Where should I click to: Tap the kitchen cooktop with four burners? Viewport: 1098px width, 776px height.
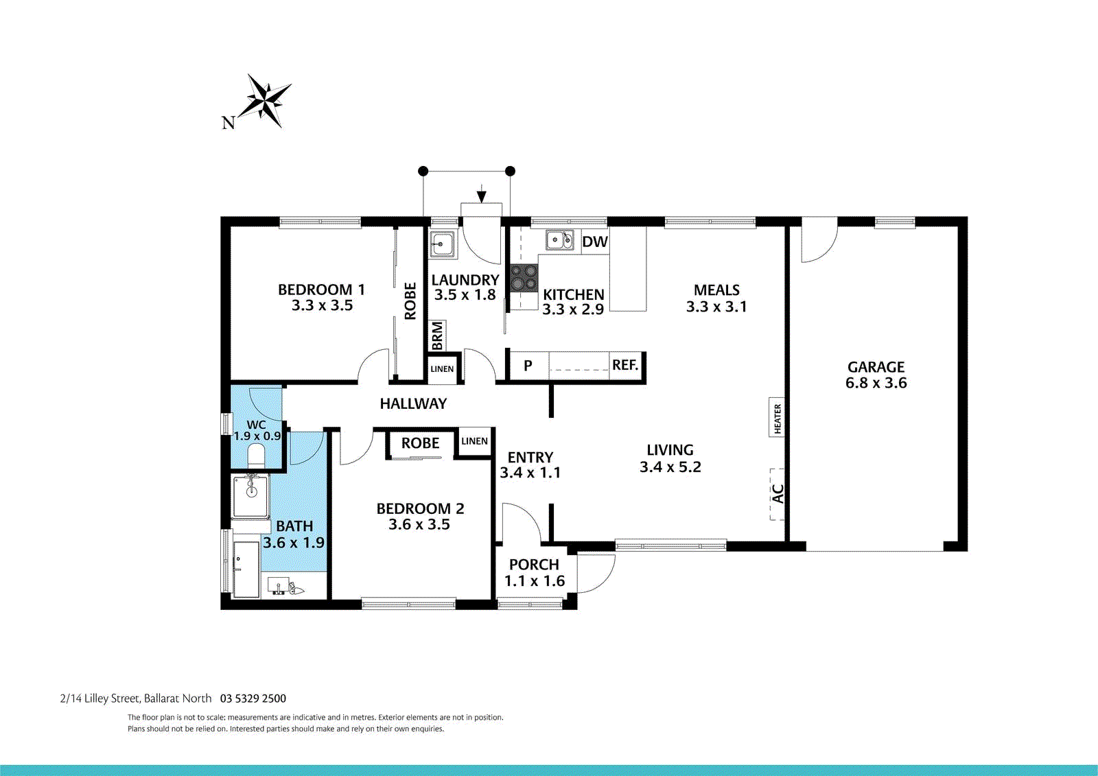[524, 279]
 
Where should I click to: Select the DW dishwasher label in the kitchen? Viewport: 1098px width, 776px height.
[594, 242]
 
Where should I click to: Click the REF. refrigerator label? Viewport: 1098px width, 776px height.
[625, 365]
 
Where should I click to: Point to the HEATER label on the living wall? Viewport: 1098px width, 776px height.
[777, 418]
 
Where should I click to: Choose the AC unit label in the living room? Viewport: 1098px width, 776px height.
[778, 493]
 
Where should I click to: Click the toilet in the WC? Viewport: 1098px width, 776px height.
[256, 456]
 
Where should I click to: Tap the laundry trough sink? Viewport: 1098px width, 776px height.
[442, 244]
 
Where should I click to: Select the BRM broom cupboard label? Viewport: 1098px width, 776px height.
[437, 336]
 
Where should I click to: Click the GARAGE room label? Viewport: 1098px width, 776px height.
[876, 366]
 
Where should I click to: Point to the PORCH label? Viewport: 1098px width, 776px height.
[534, 565]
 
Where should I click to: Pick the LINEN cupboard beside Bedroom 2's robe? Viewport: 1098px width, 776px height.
[474, 441]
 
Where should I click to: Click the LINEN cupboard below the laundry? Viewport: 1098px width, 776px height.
[442, 369]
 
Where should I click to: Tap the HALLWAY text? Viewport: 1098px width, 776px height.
[413, 403]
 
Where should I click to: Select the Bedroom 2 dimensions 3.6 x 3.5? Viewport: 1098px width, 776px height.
[419, 524]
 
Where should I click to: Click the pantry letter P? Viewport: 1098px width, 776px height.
[528, 366]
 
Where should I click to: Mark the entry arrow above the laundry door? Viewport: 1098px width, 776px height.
[481, 193]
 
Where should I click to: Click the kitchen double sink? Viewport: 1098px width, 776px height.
[560, 240]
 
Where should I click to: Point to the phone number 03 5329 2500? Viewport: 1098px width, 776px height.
[253, 698]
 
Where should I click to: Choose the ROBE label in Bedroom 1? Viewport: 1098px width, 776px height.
[410, 301]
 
